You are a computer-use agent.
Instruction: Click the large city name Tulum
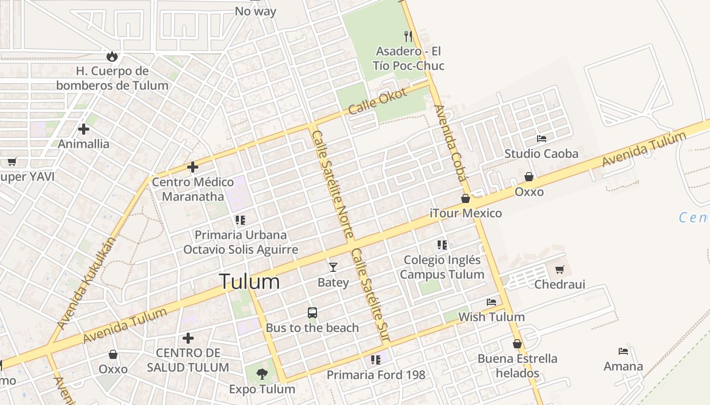[x=249, y=281]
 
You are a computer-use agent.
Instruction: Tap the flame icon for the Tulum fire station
[x=112, y=56]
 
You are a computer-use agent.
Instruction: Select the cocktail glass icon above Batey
[x=333, y=267]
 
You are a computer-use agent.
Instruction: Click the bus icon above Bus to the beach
[x=312, y=313]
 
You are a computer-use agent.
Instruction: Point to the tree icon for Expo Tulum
[x=262, y=374]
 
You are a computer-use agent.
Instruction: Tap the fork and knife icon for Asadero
[x=408, y=36]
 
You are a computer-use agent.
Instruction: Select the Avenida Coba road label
[x=450, y=143]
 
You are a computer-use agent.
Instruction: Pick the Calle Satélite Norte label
[x=332, y=184]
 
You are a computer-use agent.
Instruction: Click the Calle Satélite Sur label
[x=371, y=295]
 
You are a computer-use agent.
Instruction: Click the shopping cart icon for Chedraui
[x=559, y=269]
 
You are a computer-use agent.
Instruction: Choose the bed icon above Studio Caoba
[x=542, y=138]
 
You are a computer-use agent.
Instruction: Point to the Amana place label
[x=623, y=366]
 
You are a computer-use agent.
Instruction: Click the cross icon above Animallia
[x=84, y=129]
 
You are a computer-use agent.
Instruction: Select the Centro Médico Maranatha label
[x=193, y=189]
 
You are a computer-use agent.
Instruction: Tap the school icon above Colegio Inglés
[x=442, y=245]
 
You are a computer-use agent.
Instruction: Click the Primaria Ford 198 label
[x=376, y=375]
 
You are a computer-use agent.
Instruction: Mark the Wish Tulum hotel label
[x=491, y=317]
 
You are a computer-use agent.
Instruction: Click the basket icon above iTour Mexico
[x=466, y=198]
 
